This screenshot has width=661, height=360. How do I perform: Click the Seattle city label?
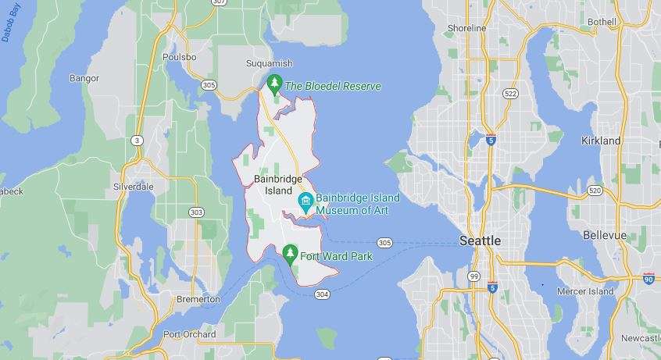point(480,241)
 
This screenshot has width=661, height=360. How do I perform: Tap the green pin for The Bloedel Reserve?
point(274,83)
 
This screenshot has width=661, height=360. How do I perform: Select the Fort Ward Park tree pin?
point(290,253)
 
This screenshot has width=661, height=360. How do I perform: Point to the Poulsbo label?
point(178,57)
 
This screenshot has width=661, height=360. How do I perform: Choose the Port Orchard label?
point(189,334)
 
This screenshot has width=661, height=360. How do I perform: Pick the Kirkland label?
point(601,141)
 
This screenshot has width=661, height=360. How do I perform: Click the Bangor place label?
point(84,78)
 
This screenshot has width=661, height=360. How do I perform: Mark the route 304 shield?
point(322,294)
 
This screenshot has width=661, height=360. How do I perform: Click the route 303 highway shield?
point(196,212)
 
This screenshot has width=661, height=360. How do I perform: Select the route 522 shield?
point(510,93)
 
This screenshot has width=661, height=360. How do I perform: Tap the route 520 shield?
point(595,190)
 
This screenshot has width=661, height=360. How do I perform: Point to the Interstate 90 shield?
point(648,277)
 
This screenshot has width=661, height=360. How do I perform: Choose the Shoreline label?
point(466,28)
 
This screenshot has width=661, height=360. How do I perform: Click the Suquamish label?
point(268,62)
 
